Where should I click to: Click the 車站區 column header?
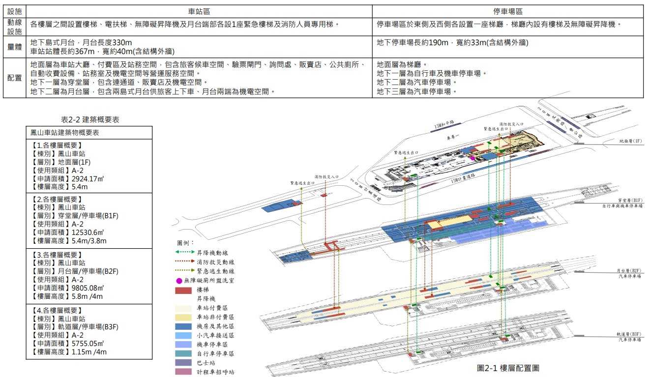tap(199, 11)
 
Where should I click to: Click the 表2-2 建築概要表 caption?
tap(89, 119)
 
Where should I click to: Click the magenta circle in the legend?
tap(179, 281)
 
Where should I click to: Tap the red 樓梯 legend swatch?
tap(184, 290)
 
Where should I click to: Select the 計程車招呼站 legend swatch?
tap(184, 372)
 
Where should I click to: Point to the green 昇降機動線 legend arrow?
tap(184, 253)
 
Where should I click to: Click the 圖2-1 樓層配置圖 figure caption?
tap(509, 368)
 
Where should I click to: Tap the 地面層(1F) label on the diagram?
tap(630, 141)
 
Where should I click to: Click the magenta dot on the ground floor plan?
tap(472, 158)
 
